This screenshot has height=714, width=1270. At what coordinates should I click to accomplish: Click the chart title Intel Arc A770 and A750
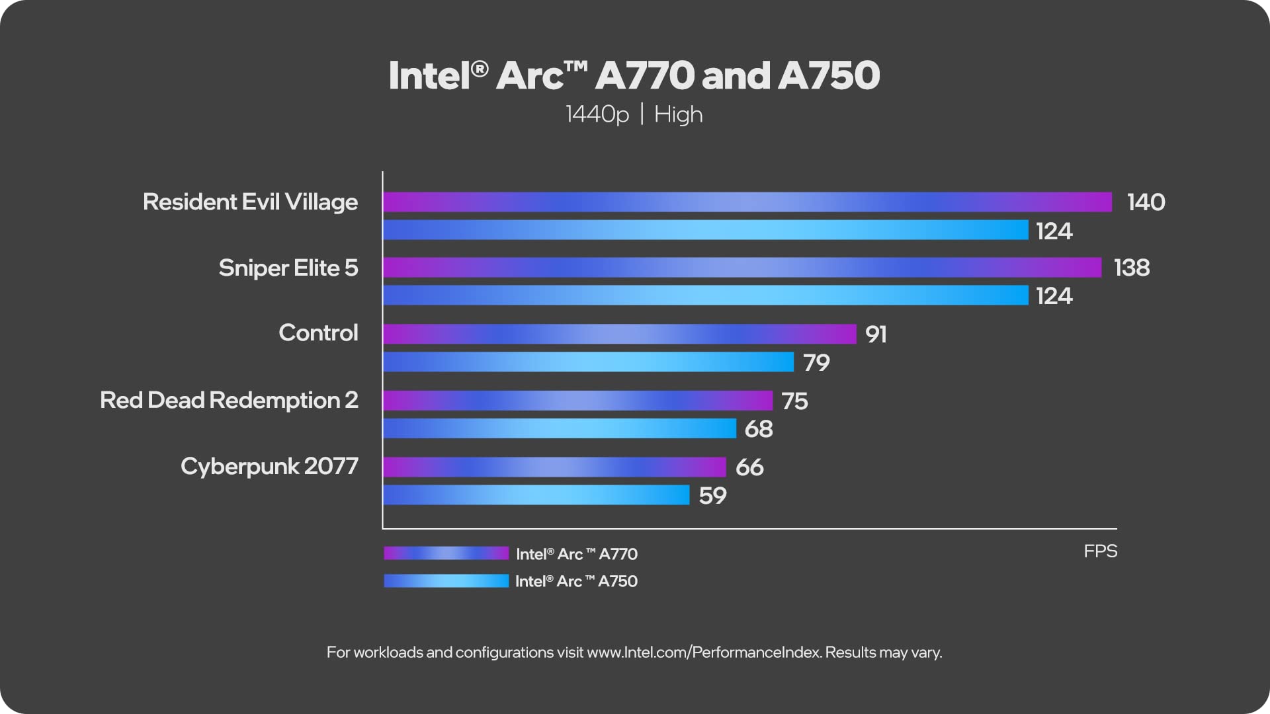(634, 75)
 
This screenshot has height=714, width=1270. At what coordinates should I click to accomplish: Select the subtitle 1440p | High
(634, 114)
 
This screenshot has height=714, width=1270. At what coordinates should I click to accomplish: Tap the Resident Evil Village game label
(250, 202)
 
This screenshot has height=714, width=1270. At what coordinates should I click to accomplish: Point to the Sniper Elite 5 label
(288, 268)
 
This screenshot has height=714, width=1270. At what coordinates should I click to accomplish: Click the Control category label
(318, 333)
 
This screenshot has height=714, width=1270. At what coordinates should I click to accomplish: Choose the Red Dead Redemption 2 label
(229, 400)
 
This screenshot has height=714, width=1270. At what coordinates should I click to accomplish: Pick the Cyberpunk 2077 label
(269, 466)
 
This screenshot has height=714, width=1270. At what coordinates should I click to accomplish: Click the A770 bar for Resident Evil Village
(747, 202)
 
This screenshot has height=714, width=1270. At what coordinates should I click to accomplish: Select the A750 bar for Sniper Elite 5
(705, 296)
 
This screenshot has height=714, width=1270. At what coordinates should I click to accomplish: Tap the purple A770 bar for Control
(619, 334)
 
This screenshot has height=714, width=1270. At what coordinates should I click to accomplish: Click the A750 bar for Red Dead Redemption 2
(559, 428)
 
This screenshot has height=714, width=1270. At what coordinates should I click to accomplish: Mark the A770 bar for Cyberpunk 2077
(554, 467)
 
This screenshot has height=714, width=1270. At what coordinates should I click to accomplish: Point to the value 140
(1146, 202)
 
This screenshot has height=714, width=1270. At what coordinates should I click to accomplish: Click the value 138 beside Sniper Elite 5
(1131, 268)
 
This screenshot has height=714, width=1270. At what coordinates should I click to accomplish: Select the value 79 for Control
(816, 362)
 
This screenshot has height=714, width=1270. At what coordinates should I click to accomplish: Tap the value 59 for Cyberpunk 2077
(712, 495)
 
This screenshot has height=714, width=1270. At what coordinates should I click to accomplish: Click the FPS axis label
(1100, 551)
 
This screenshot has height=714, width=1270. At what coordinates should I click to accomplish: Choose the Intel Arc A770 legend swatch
(446, 553)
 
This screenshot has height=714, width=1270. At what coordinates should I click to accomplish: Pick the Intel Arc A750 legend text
(576, 581)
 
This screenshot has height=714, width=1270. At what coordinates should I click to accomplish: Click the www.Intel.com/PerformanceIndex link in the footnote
(704, 653)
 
